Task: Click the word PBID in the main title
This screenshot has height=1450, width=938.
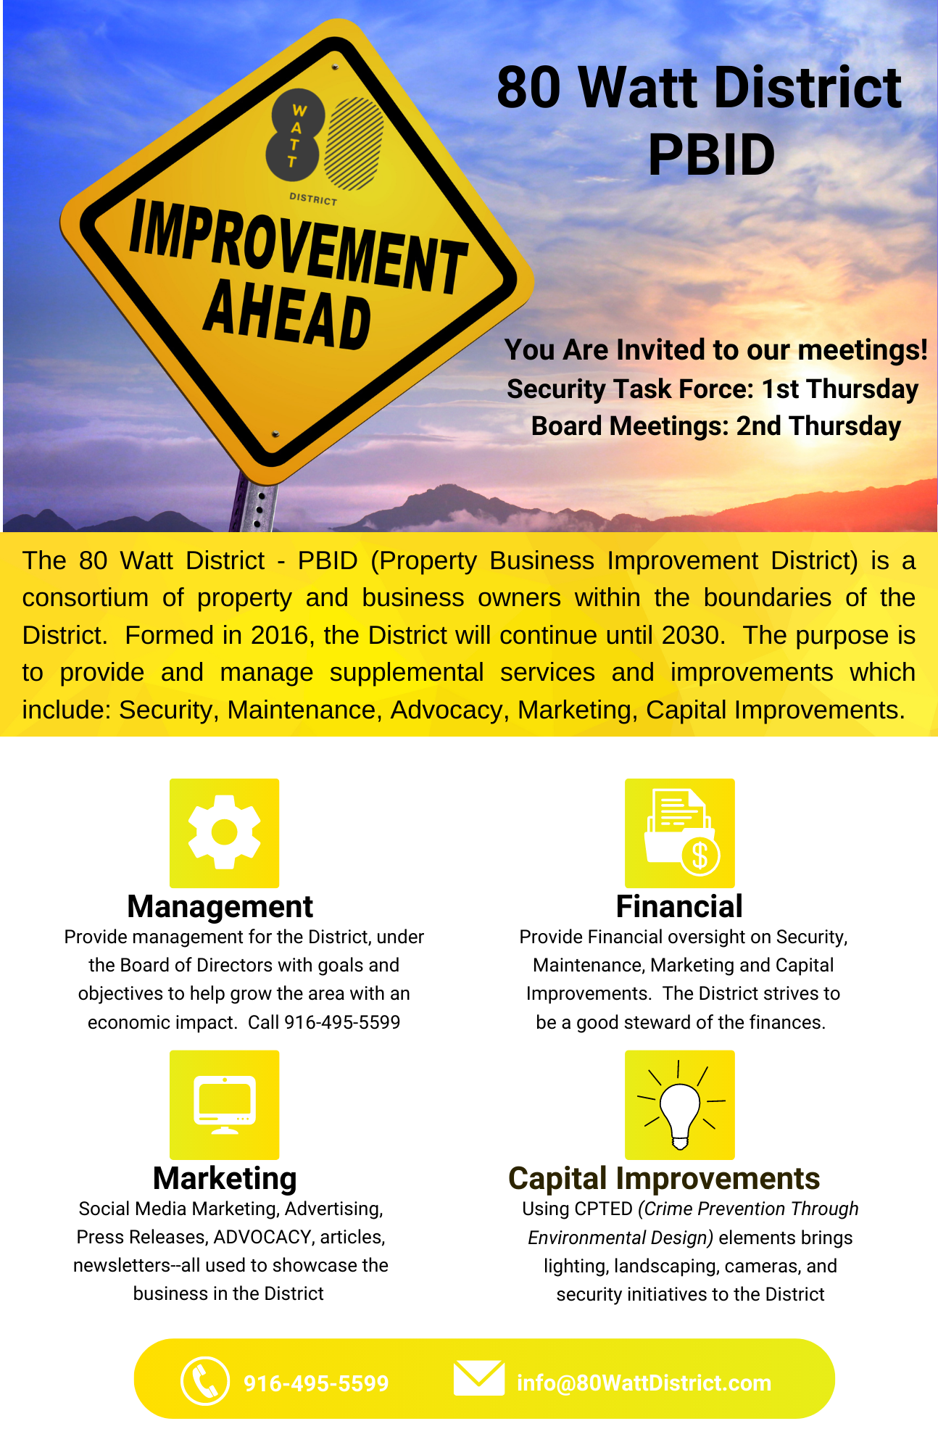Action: coord(711,154)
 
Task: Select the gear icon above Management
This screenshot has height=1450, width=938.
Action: coord(224,832)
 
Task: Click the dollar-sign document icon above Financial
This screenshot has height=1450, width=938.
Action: coord(681,832)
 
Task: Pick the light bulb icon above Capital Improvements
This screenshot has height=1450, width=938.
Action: coord(680,1106)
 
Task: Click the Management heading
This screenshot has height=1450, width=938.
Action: coord(220,906)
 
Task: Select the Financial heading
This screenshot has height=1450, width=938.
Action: coord(679,906)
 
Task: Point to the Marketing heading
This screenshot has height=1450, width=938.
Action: coord(225,1179)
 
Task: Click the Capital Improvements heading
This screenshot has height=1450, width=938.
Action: coord(664,1179)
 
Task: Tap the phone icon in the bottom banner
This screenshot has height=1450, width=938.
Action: coord(205,1380)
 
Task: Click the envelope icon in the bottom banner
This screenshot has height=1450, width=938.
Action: coord(478,1377)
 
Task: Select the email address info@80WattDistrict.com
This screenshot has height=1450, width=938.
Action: coord(644,1383)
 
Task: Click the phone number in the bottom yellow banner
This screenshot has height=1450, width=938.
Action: coord(316,1383)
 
